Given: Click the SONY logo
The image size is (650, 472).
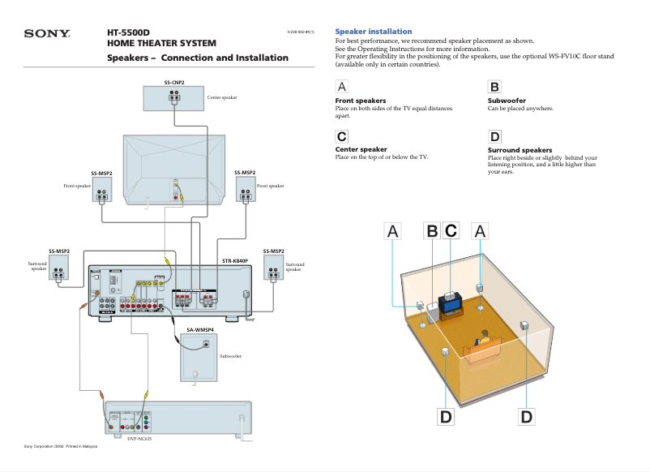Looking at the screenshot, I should (x=47, y=34).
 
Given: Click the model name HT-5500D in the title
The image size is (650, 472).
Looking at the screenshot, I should (x=129, y=32).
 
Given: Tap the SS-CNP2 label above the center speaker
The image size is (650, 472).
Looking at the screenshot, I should (x=174, y=82).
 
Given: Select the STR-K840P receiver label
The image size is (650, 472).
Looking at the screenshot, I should (x=235, y=261).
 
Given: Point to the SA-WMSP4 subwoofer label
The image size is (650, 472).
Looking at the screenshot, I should (x=200, y=330).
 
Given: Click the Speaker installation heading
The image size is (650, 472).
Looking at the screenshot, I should (x=373, y=31).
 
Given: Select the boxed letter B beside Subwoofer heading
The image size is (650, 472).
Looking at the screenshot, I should (x=494, y=87).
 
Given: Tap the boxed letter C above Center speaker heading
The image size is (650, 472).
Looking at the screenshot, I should (x=342, y=136).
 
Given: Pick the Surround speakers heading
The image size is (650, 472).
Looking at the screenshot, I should (x=520, y=150).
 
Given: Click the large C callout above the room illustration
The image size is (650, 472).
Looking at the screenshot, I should (x=451, y=231).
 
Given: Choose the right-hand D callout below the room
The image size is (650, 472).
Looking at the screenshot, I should (x=527, y=416).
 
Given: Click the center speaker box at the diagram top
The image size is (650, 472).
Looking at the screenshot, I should (x=174, y=98).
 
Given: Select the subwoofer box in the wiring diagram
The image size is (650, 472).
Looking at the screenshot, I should (x=198, y=356).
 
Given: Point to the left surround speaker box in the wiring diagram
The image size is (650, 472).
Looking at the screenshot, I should (x=58, y=268).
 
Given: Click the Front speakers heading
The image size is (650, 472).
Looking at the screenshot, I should (x=360, y=101).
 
